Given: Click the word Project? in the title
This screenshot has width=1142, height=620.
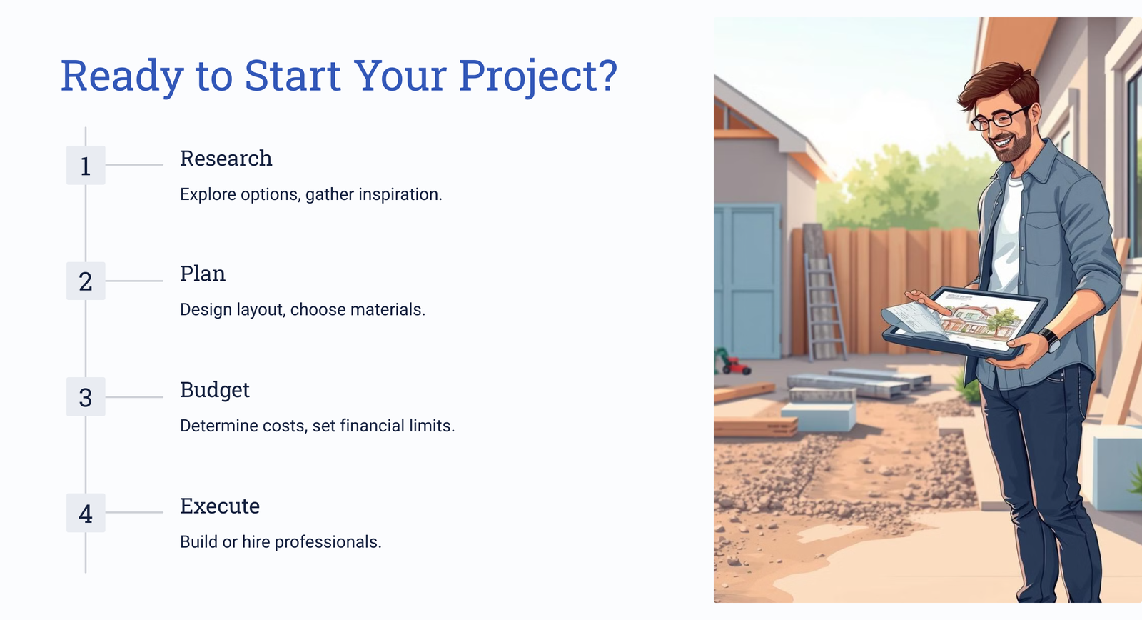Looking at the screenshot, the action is [x=538, y=76].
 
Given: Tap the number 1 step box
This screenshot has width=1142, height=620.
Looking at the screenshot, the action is [x=86, y=165].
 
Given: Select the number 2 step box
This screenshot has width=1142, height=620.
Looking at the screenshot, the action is [x=86, y=281].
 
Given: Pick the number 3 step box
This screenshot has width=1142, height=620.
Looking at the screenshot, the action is [x=86, y=397].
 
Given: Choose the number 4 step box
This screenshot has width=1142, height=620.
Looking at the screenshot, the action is [x=86, y=513].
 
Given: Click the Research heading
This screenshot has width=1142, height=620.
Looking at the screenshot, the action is [x=226, y=158].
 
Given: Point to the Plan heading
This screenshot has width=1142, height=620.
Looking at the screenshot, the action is [x=203, y=274].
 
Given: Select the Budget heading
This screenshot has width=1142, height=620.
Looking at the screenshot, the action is [x=215, y=391].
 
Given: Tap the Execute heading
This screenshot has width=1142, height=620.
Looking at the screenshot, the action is [x=220, y=506].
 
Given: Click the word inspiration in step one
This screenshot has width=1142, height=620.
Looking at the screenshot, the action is [x=400, y=195].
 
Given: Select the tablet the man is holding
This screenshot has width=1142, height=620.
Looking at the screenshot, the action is [x=964, y=321].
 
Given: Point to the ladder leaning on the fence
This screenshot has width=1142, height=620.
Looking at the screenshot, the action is [x=824, y=306].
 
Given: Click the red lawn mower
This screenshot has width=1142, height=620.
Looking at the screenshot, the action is [x=733, y=364].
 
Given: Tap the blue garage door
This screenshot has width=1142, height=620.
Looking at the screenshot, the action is [x=747, y=281].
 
